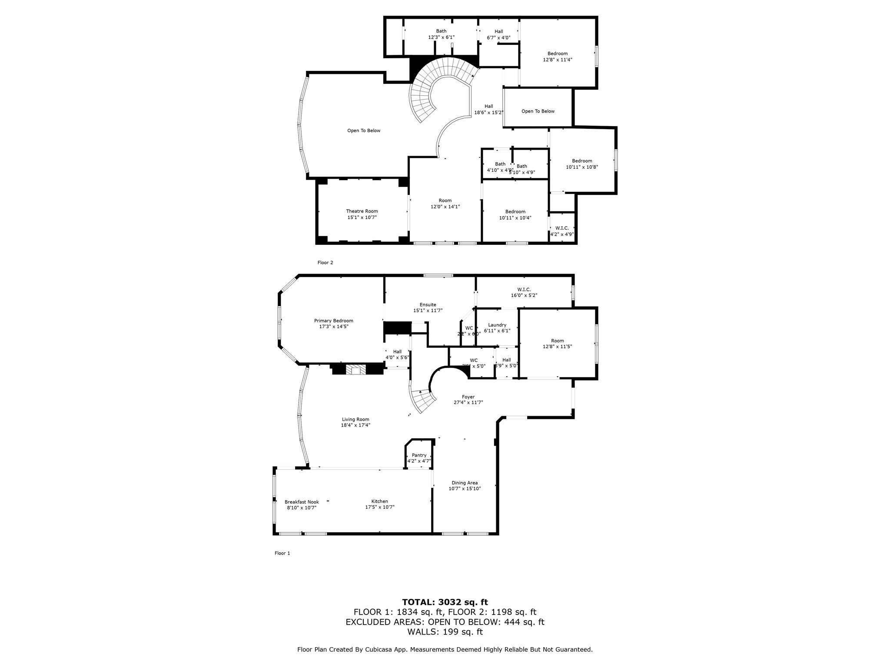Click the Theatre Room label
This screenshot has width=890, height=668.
coord(362,211)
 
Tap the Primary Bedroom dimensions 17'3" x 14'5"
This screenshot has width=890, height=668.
coord(333,326)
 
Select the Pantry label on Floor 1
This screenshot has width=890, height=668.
coord(419,455)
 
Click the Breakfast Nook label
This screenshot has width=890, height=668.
coord(302,502)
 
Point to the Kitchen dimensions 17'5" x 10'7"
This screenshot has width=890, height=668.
coord(379,507)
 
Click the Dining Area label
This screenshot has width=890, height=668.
coord(465,483)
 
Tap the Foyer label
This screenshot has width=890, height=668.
coord(468,397)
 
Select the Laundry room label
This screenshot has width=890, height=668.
coord(497,325)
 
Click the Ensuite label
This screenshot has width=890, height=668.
coord(428,304)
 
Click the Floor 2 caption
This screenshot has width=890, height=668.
coord(325,263)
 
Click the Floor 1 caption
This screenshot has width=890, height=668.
coord(282,553)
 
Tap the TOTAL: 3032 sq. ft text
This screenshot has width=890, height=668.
coord(445,602)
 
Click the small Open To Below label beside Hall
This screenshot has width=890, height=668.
coord(538,111)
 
